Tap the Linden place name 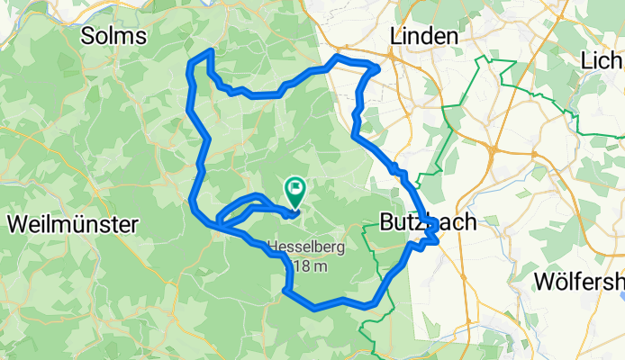click(423, 35)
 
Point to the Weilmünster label click(71, 224)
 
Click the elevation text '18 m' click(311, 266)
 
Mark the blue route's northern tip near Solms click(211, 51)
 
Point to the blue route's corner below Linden click(376, 68)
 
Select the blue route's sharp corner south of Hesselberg click(285, 290)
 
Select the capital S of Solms click(88, 35)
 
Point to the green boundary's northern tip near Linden click(489, 58)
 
